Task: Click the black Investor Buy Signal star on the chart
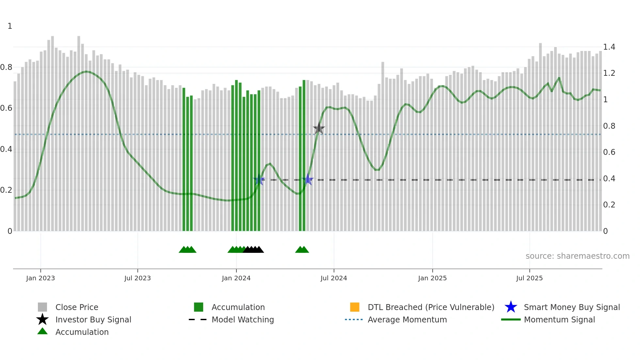pyautogui.click(x=319, y=128)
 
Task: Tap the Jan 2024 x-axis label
pyautogui.click(x=236, y=278)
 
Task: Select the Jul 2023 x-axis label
pyautogui.click(x=137, y=278)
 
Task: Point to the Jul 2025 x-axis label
pyautogui.click(x=529, y=278)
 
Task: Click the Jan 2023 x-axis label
pyautogui.click(x=40, y=278)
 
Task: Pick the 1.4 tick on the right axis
pyautogui.click(x=609, y=47)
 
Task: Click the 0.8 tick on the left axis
pyautogui.click(x=7, y=67)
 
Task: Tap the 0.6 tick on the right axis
pyautogui.click(x=609, y=152)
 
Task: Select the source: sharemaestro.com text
pyautogui.click(x=577, y=256)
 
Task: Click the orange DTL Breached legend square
pyautogui.click(x=355, y=307)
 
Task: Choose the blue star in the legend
pyautogui.click(x=511, y=307)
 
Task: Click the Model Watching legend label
pyautogui.click(x=243, y=319)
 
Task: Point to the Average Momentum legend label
pyautogui.click(x=407, y=319)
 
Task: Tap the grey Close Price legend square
pyautogui.click(x=42, y=307)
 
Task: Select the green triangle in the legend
pyautogui.click(x=42, y=331)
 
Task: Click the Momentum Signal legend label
pyautogui.click(x=559, y=319)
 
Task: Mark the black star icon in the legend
pyautogui.click(x=42, y=319)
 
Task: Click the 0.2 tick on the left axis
pyautogui.click(x=7, y=190)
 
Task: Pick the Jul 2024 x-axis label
pyautogui.click(x=334, y=278)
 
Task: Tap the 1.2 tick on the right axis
pyautogui.click(x=609, y=73)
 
